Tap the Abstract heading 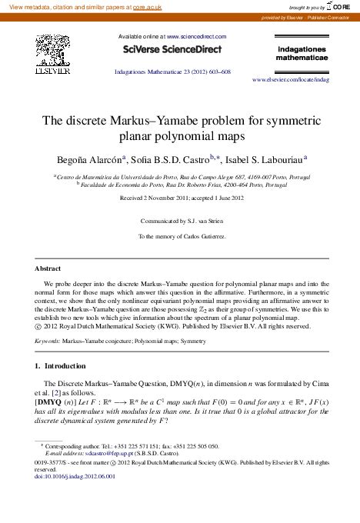point(48,268)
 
